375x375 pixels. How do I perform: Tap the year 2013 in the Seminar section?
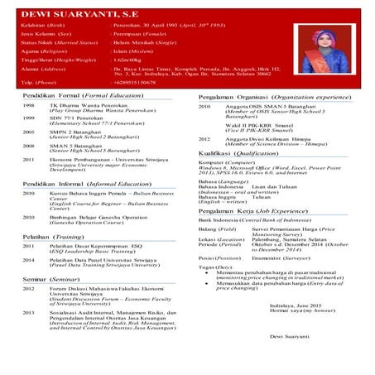(29, 313)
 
